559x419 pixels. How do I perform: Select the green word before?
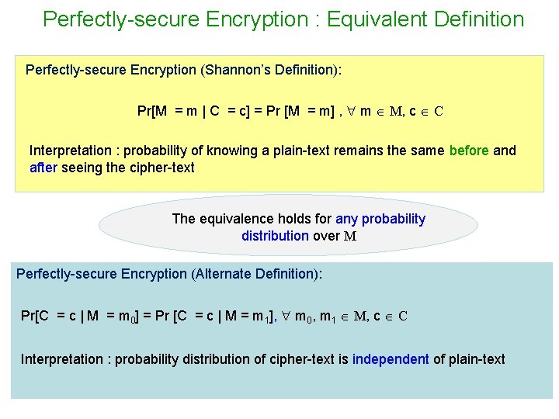click(x=469, y=151)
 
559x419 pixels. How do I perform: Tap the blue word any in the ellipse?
click(x=345, y=219)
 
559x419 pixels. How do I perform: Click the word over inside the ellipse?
click(x=325, y=235)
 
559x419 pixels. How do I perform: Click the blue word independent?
click(x=390, y=359)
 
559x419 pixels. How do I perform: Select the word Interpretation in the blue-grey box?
click(x=64, y=359)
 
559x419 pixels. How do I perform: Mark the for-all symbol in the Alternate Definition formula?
click(x=287, y=316)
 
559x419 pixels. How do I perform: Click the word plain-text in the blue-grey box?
click(x=475, y=359)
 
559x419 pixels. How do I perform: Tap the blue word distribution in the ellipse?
click(x=275, y=235)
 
